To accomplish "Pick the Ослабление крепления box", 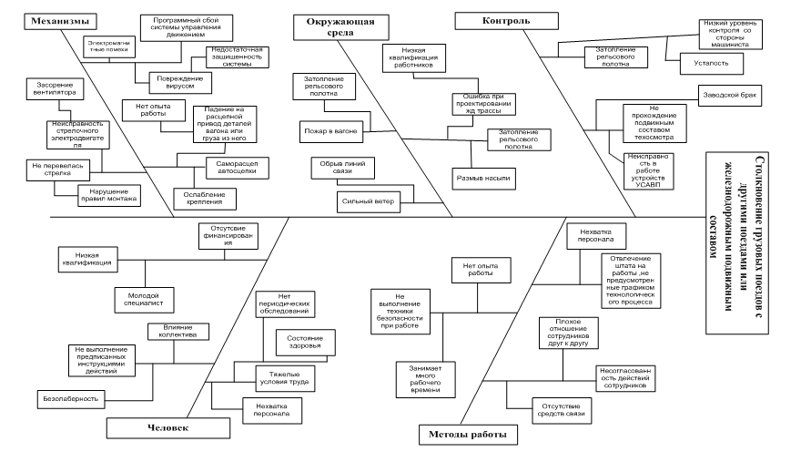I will tap(202, 198).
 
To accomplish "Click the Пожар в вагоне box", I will tap(330, 132).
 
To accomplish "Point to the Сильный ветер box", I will tap(369, 199).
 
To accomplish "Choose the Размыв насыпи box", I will tap(482, 177).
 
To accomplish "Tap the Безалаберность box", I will tap(70, 398).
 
